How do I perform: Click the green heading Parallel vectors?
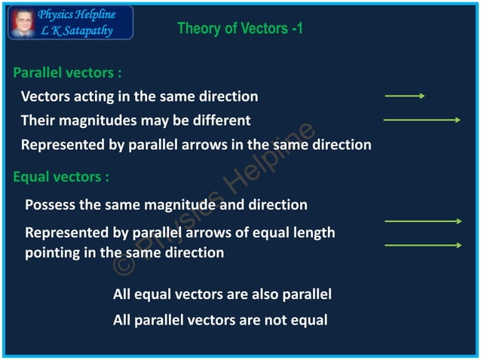coord(67,73)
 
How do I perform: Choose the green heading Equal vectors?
coord(61,177)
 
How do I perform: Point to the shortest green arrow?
coord(405,96)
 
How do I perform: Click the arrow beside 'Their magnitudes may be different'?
coord(421,120)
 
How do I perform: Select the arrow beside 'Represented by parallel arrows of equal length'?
coord(422,221)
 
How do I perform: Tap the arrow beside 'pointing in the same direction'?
coord(422,246)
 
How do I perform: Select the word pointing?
coord(53,254)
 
